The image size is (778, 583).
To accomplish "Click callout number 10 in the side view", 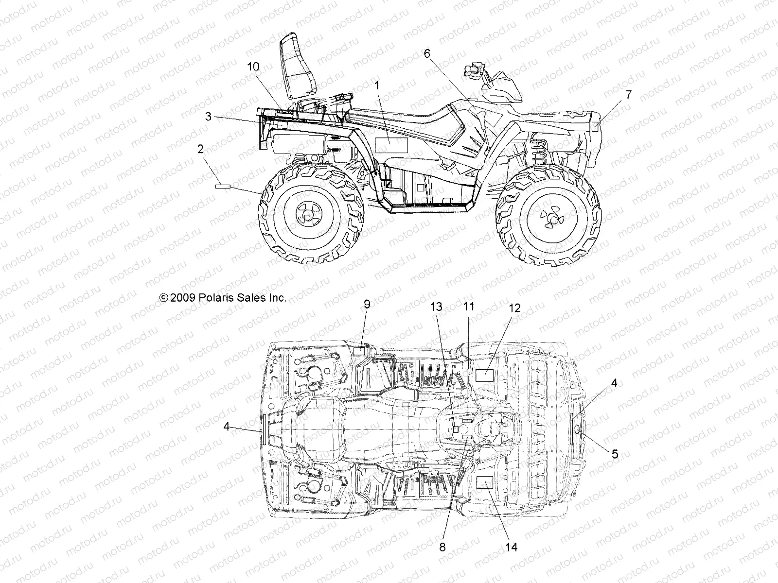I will [x=253, y=67].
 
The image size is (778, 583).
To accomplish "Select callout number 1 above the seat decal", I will [x=390, y=85].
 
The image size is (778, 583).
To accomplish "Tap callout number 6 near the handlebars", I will [x=427, y=53].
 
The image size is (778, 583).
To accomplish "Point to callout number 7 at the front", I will [x=629, y=95].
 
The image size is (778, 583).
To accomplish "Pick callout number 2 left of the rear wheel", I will [x=200, y=149].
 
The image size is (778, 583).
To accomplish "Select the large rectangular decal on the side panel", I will [x=391, y=145].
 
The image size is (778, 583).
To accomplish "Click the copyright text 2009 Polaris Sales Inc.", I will [x=223, y=298].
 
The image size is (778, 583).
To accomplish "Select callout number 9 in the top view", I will [x=367, y=304].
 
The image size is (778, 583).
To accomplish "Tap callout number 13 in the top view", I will [x=436, y=307].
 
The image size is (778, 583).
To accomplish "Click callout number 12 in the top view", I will [x=515, y=308].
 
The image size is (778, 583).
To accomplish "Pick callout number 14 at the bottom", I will [x=511, y=547].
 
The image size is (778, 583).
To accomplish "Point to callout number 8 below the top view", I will [x=442, y=547].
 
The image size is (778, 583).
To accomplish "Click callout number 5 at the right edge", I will [x=615, y=454].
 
